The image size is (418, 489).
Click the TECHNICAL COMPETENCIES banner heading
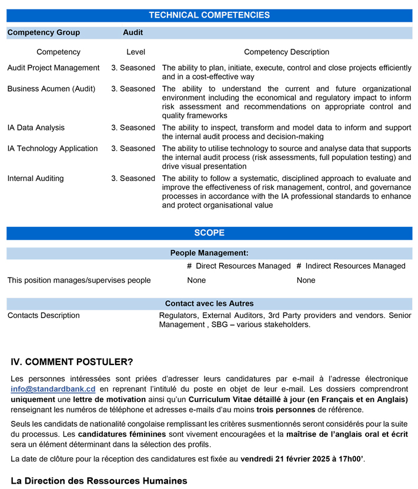click(209, 15)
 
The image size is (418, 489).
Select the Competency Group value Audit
click(133, 33)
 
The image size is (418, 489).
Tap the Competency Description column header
click(286, 52)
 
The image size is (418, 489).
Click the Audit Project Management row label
click(53, 68)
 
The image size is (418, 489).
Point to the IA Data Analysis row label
click(36, 128)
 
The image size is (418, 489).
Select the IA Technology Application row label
click(52, 149)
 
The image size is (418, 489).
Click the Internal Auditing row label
click(35, 178)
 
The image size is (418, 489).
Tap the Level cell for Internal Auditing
click(133, 178)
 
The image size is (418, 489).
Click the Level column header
click(135, 52)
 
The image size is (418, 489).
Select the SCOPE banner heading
click(209, 233)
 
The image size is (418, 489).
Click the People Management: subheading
click(209, 253)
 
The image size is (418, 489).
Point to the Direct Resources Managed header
click(239, 266)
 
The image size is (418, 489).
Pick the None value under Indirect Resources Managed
click(306, 280)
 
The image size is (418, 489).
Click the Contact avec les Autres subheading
click(209, 304)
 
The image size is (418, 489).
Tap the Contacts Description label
click(44, 316)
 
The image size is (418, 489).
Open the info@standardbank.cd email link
click(53, 389)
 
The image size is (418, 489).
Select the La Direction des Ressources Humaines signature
click(99, 480)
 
